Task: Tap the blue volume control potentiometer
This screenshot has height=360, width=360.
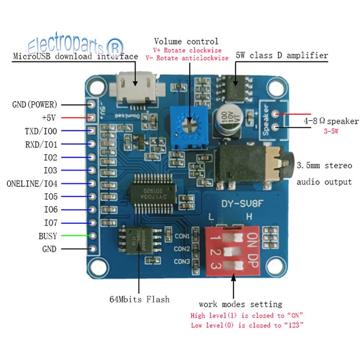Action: click(190, 119)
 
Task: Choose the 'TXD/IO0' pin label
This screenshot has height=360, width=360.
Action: click(40, 131)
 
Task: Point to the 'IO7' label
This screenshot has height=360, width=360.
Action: click(50, 223)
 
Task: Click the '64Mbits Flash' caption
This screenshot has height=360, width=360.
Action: click(139, 299)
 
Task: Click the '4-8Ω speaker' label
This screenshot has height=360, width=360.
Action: click(331, 121)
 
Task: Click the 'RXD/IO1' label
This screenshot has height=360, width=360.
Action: click(40, 144)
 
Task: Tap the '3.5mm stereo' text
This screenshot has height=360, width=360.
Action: click(324, 166)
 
